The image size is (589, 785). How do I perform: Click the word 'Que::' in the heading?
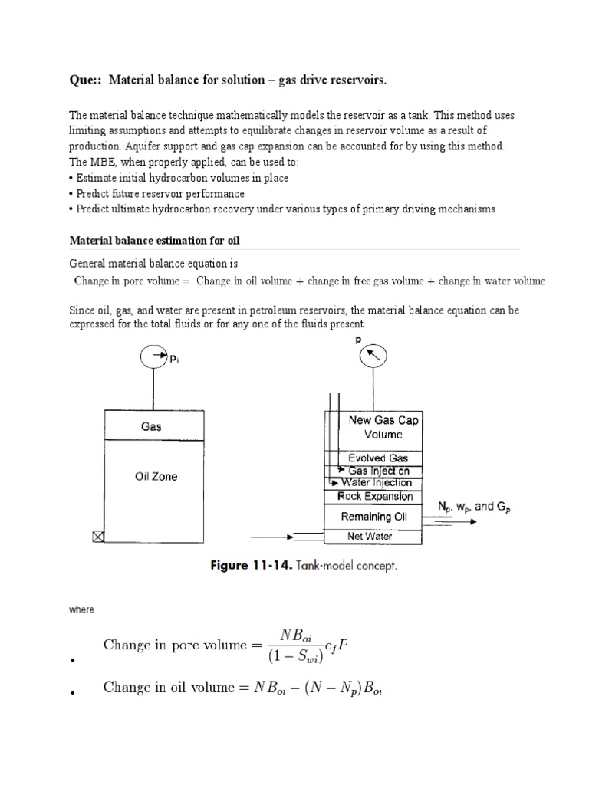pyautogui.click(x=87, y=80)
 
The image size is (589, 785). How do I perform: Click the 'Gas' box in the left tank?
pyautogui.click(x=151, y=426)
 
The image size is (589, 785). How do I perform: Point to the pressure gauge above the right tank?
pyautogui.click(x=373, y=355)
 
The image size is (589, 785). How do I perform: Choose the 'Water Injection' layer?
pyautogui.click(x=373, y=483)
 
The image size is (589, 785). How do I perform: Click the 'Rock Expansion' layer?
pyautogui.click(x=373, y=496)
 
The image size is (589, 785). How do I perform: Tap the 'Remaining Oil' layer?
pyautogui.click(x=373, y=516)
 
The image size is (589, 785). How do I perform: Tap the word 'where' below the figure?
pyautogui.click(x=81, y=610)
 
